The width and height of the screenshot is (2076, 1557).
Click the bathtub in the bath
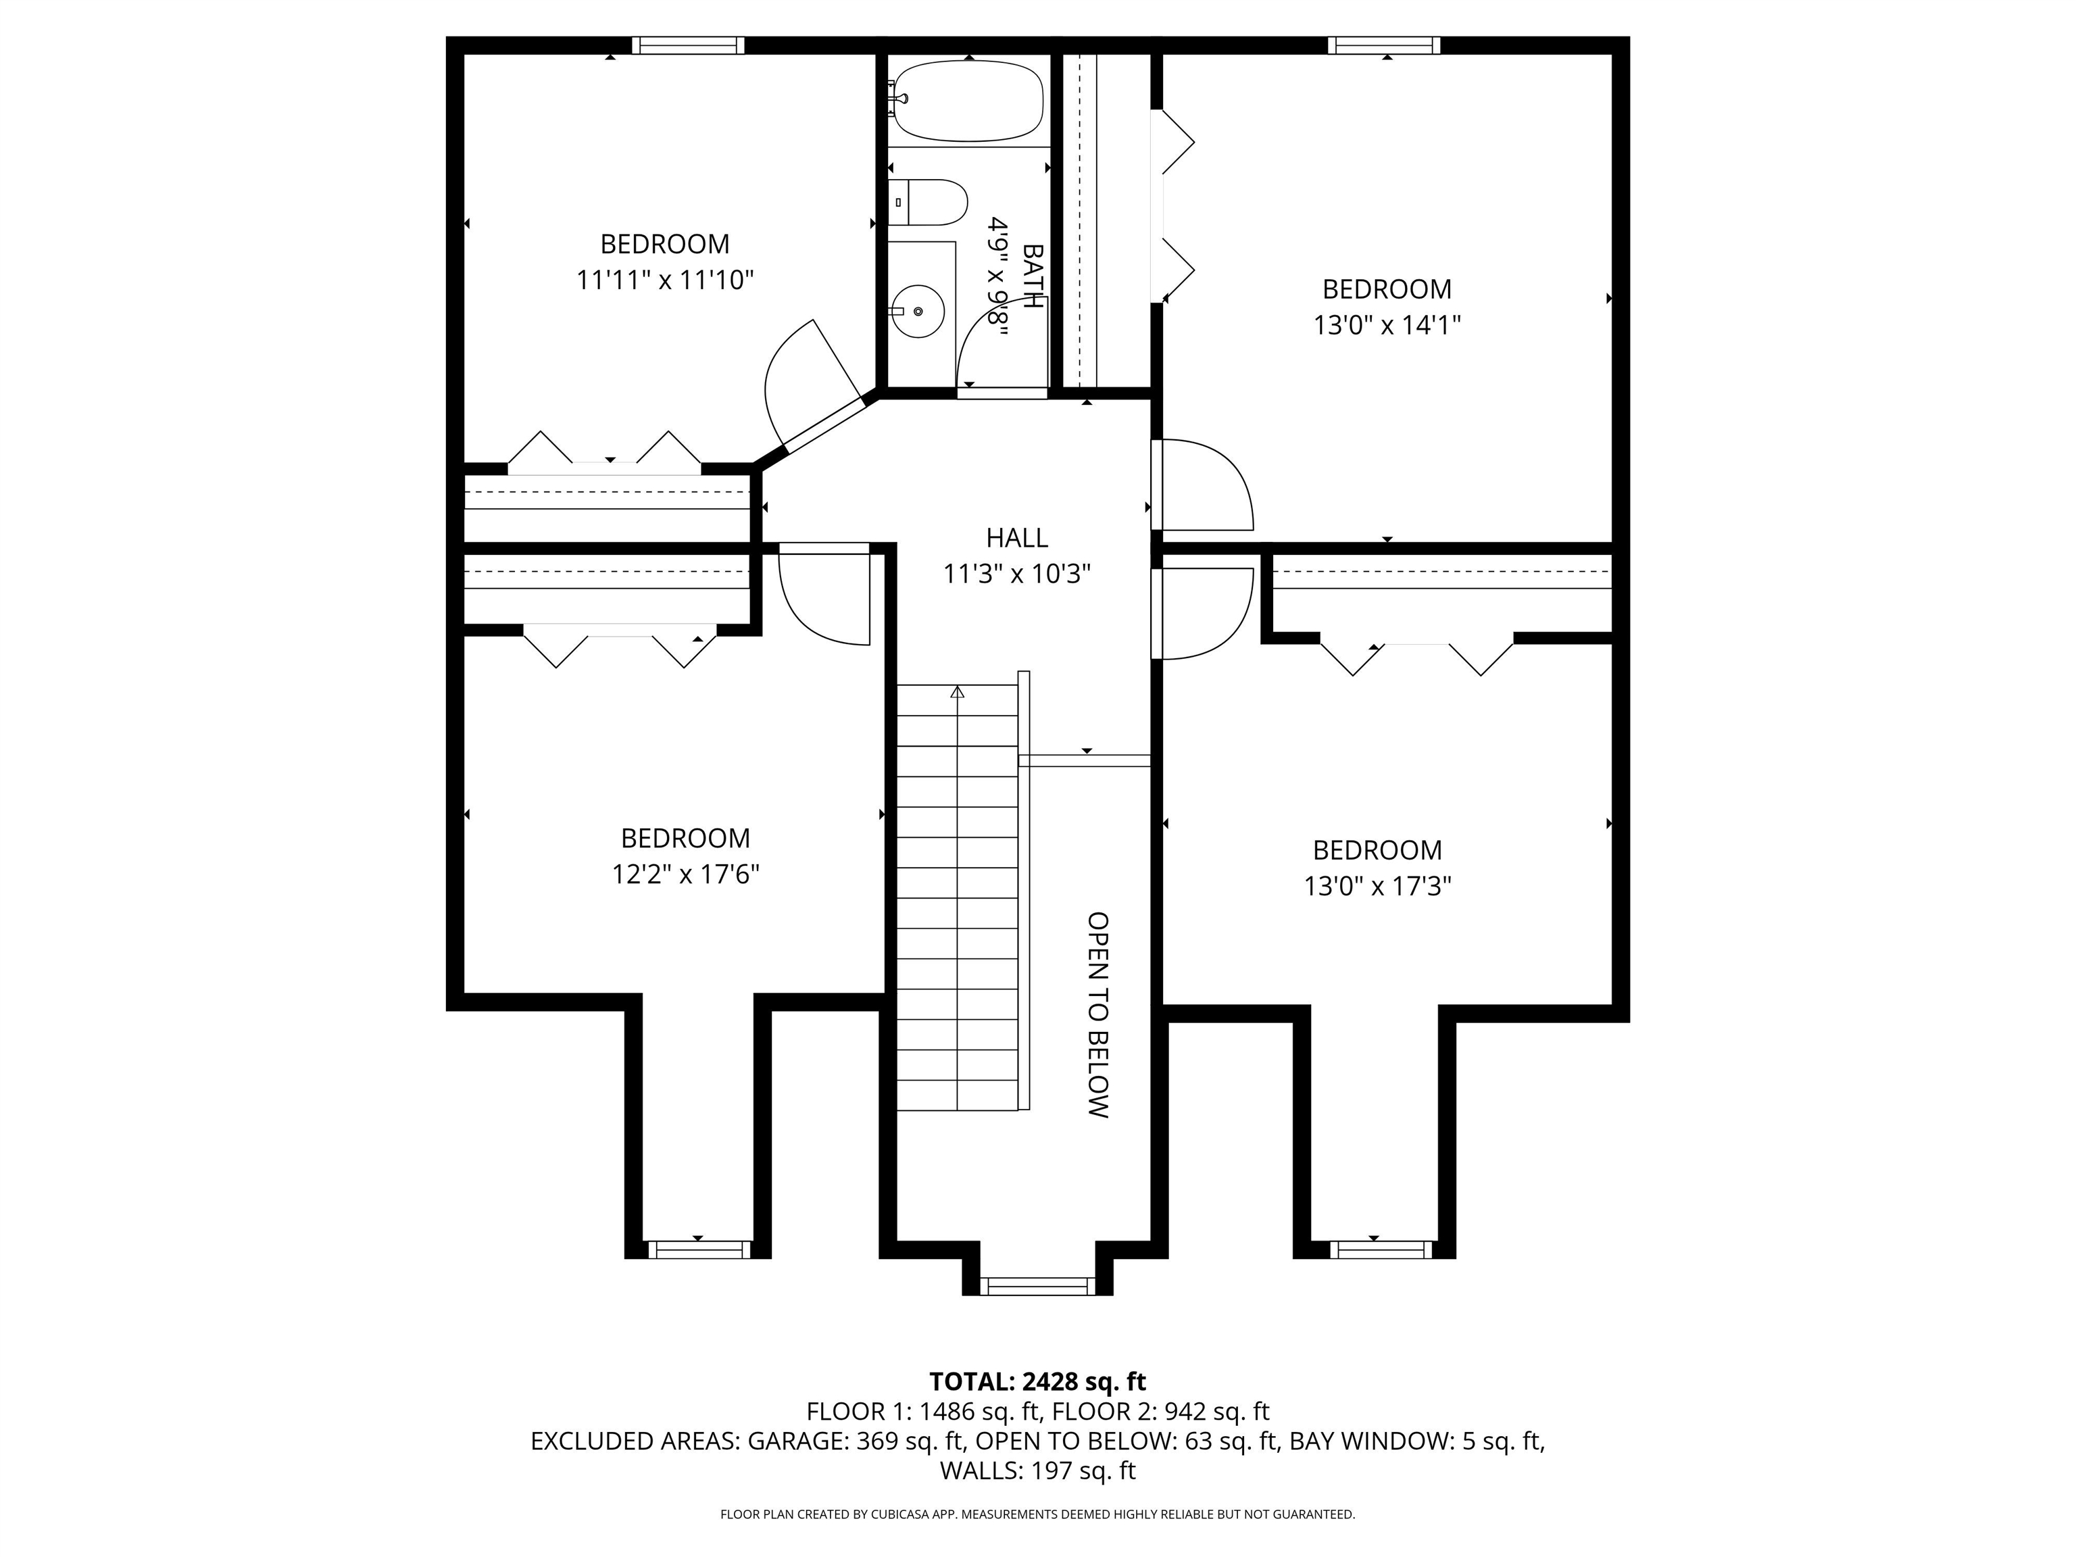[968, 101]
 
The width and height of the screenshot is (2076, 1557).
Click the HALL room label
[1016, 538]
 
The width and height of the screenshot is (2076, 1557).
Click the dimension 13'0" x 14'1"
[1386, 325]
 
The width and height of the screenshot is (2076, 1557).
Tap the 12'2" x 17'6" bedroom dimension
[685, 874]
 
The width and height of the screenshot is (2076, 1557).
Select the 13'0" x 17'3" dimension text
[1377, 886]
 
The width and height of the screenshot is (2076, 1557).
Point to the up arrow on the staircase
[958, 693]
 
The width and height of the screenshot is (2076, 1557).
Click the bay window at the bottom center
[1037, 1286]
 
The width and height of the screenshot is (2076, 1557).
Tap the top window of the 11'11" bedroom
[688, 45]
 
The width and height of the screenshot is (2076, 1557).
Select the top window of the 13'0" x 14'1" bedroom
[1383, 45]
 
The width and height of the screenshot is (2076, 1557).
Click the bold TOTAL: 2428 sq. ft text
[1037, 1381]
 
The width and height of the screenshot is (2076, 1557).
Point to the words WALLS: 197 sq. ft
[1037, 1470]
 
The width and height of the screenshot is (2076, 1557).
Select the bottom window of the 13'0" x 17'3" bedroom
[1380, 1249]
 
